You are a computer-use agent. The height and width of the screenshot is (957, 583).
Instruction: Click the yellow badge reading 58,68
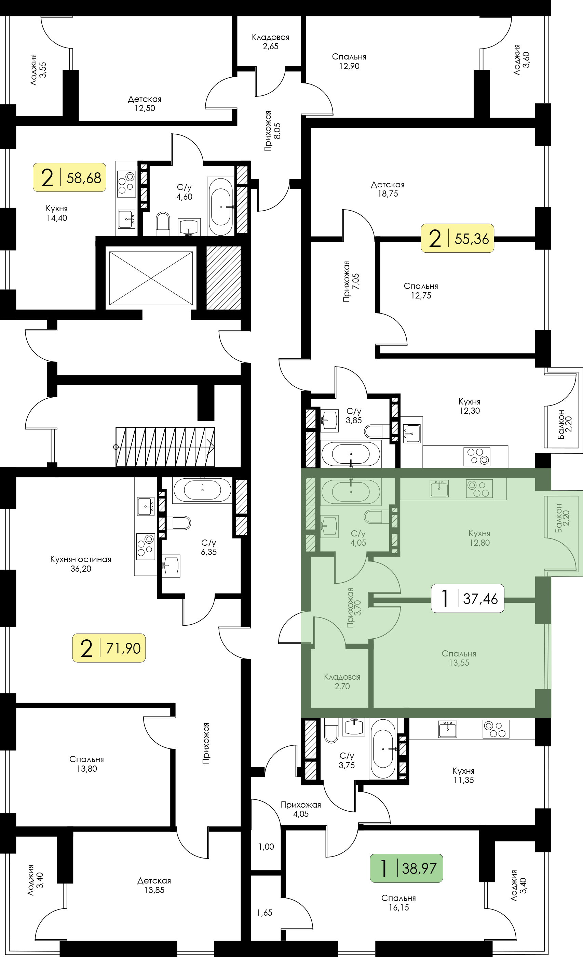pos(69,177)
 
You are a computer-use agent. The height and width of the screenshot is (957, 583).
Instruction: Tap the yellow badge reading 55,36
pos(458,238)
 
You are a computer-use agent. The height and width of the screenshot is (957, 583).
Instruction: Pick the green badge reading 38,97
pos(406,868)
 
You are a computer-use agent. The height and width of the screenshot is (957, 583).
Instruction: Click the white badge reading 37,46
pos(468,599)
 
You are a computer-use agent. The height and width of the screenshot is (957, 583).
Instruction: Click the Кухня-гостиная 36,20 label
pos(81,564)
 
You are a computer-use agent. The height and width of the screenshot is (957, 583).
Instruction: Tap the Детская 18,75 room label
pos(388,189)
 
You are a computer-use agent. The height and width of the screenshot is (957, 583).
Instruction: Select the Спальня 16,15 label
pos(398,903)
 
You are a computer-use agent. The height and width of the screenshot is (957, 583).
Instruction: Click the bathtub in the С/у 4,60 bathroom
pos(221,207)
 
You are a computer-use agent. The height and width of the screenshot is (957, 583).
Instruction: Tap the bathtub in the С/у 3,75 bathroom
pos(383,748)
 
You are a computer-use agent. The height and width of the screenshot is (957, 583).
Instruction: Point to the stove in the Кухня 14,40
pos(126,182)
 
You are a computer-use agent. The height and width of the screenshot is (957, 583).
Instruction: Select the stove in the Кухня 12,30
pos(477,457)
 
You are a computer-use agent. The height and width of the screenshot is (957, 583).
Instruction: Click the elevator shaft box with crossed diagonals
pos(151,278)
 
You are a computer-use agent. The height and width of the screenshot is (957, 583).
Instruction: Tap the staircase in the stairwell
pos(165,447)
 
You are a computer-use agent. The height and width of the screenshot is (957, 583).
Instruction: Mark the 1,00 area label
pos(266,847)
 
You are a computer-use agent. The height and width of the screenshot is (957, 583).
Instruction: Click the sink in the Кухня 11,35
pos(448,729)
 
